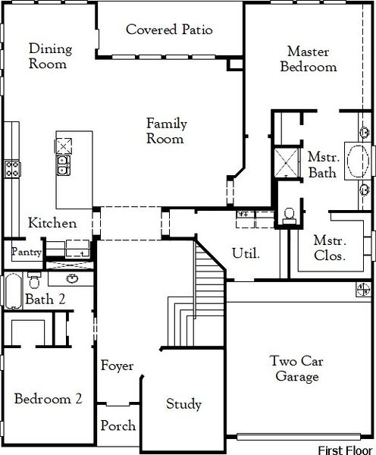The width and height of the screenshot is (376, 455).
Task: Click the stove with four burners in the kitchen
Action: [12, 168]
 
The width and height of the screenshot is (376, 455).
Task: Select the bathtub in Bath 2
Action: [13, 291]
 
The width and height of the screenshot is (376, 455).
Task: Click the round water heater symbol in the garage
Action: [362, 289]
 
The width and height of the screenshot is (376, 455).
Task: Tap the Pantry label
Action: [26, 251]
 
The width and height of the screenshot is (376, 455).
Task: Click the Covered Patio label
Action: [168, 30]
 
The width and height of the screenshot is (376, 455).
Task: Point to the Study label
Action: [183, 404]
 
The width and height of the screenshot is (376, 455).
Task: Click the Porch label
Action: [118, 425]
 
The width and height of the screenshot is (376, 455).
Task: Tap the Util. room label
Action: [246, 253]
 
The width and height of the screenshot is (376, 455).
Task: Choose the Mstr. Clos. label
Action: [330, 248]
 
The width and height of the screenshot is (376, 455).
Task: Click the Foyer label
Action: [117, 366]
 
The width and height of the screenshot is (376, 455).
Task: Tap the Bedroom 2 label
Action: [49, 398]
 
